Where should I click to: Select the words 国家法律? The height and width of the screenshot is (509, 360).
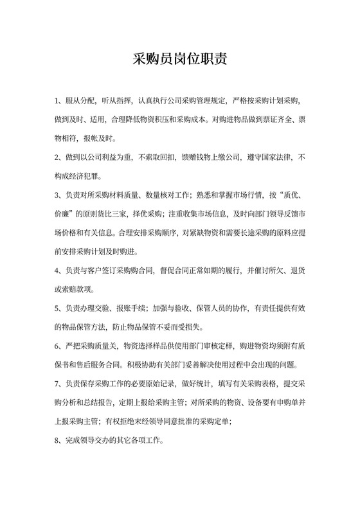(271, 157)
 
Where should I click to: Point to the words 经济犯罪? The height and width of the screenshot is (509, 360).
(85, 176)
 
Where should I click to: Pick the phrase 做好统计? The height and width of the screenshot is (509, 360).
(197, 384)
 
